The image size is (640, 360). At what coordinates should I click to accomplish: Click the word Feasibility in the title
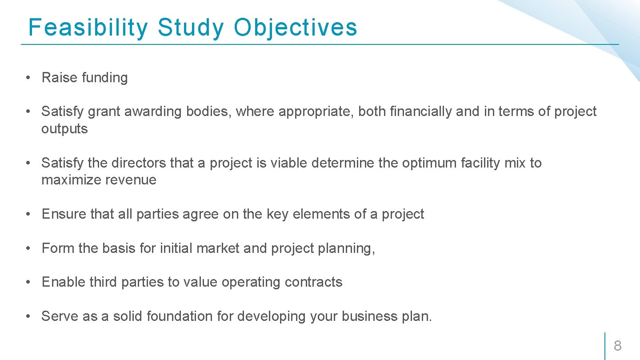[x=88, y=28]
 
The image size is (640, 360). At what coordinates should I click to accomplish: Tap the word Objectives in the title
[x=296, y=28]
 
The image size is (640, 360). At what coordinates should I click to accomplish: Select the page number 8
[x=617, y=345]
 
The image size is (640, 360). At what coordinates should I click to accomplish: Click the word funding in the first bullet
[x=105, y=78]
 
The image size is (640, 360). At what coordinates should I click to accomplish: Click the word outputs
[x=64, y=129]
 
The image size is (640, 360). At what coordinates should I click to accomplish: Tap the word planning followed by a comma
[x=346, y=248]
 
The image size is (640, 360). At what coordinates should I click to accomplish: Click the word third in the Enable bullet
[x=104, y=282]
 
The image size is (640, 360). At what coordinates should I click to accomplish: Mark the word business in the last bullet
[x=367, y=316]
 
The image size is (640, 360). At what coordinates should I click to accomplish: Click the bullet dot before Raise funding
[x=28, y=78]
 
